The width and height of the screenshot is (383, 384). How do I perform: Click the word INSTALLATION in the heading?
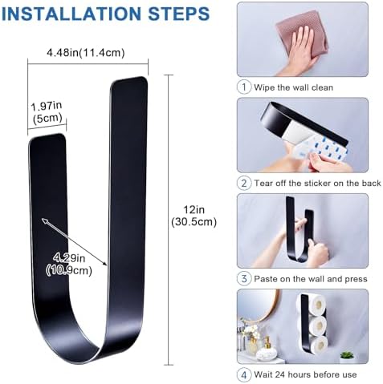click(71, 14)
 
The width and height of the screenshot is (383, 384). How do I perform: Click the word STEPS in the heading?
click(179, 14)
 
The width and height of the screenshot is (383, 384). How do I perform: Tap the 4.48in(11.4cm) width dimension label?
click(86, 53)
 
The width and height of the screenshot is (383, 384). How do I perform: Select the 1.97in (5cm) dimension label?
click(47, 112)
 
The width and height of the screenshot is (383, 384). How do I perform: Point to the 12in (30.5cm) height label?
click(194, 216)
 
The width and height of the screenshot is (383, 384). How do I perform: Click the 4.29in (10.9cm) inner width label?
click(69, 265)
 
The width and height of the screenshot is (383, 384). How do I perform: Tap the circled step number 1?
click(244, 87)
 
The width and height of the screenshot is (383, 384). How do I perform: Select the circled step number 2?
click(244, 183)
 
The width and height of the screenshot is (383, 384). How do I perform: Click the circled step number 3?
click(244, 279)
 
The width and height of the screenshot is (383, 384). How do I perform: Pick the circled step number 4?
click(244, 374)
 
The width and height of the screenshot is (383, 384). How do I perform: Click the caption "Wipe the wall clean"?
click(294, 87)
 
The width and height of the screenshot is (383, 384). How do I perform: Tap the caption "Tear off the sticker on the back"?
click(317, 184)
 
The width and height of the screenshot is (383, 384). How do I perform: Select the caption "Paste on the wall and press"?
click(311, 279)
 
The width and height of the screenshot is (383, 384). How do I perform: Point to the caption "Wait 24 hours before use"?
click(305, 374)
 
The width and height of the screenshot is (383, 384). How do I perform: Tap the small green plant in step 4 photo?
click(348, 355)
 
